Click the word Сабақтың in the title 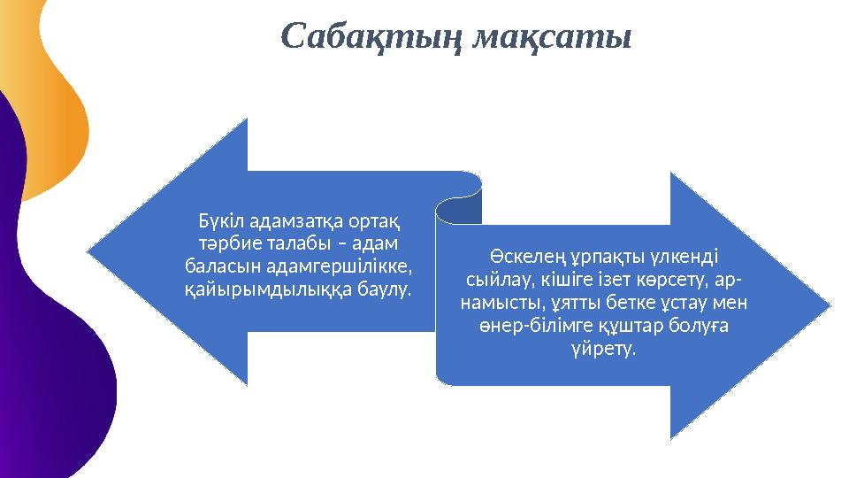pos(371,37)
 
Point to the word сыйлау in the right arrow pos(495,281)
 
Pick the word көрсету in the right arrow pos(648,281)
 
